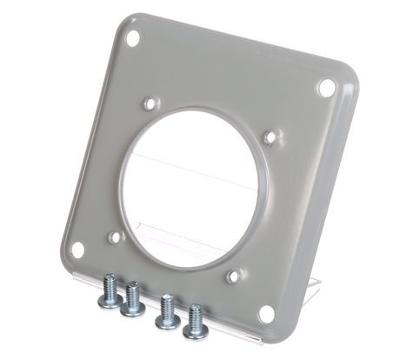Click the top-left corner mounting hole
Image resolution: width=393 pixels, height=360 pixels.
(132, 38)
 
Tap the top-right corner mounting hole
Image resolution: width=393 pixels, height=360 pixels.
(326, 87)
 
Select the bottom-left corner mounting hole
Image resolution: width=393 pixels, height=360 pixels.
(77, 250)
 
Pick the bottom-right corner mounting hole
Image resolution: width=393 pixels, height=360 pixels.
(266, 313)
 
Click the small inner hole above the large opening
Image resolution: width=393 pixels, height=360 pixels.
(150, 103)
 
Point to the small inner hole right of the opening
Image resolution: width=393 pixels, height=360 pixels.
(271, 137)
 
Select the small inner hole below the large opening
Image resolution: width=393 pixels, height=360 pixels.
(234, 277)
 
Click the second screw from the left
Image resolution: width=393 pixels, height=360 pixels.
(133, 299)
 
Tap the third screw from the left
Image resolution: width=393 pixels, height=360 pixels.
(166, 312)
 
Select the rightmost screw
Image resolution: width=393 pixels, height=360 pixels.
(193, 323)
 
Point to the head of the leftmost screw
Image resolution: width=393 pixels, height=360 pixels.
(110, 298)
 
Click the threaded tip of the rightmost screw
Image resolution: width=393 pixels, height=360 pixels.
(195, 311)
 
